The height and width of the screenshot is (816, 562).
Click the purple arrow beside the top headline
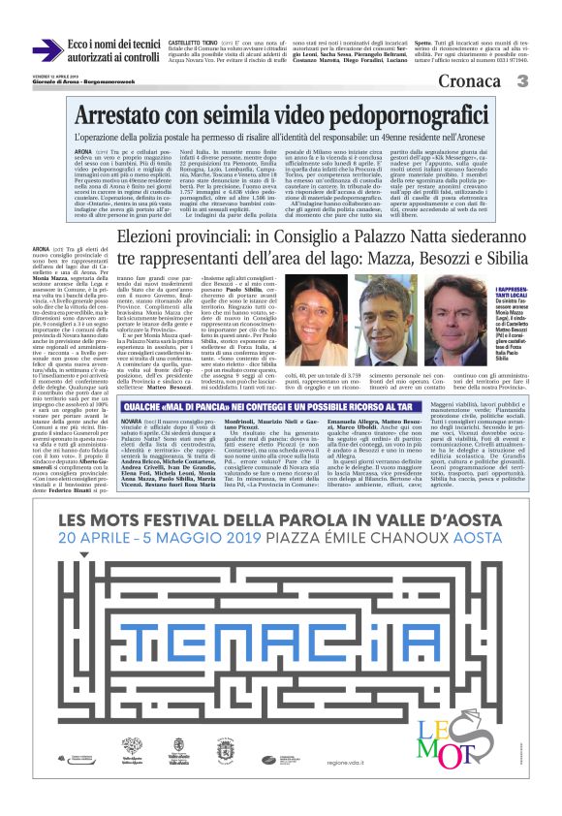tap(46, 51)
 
